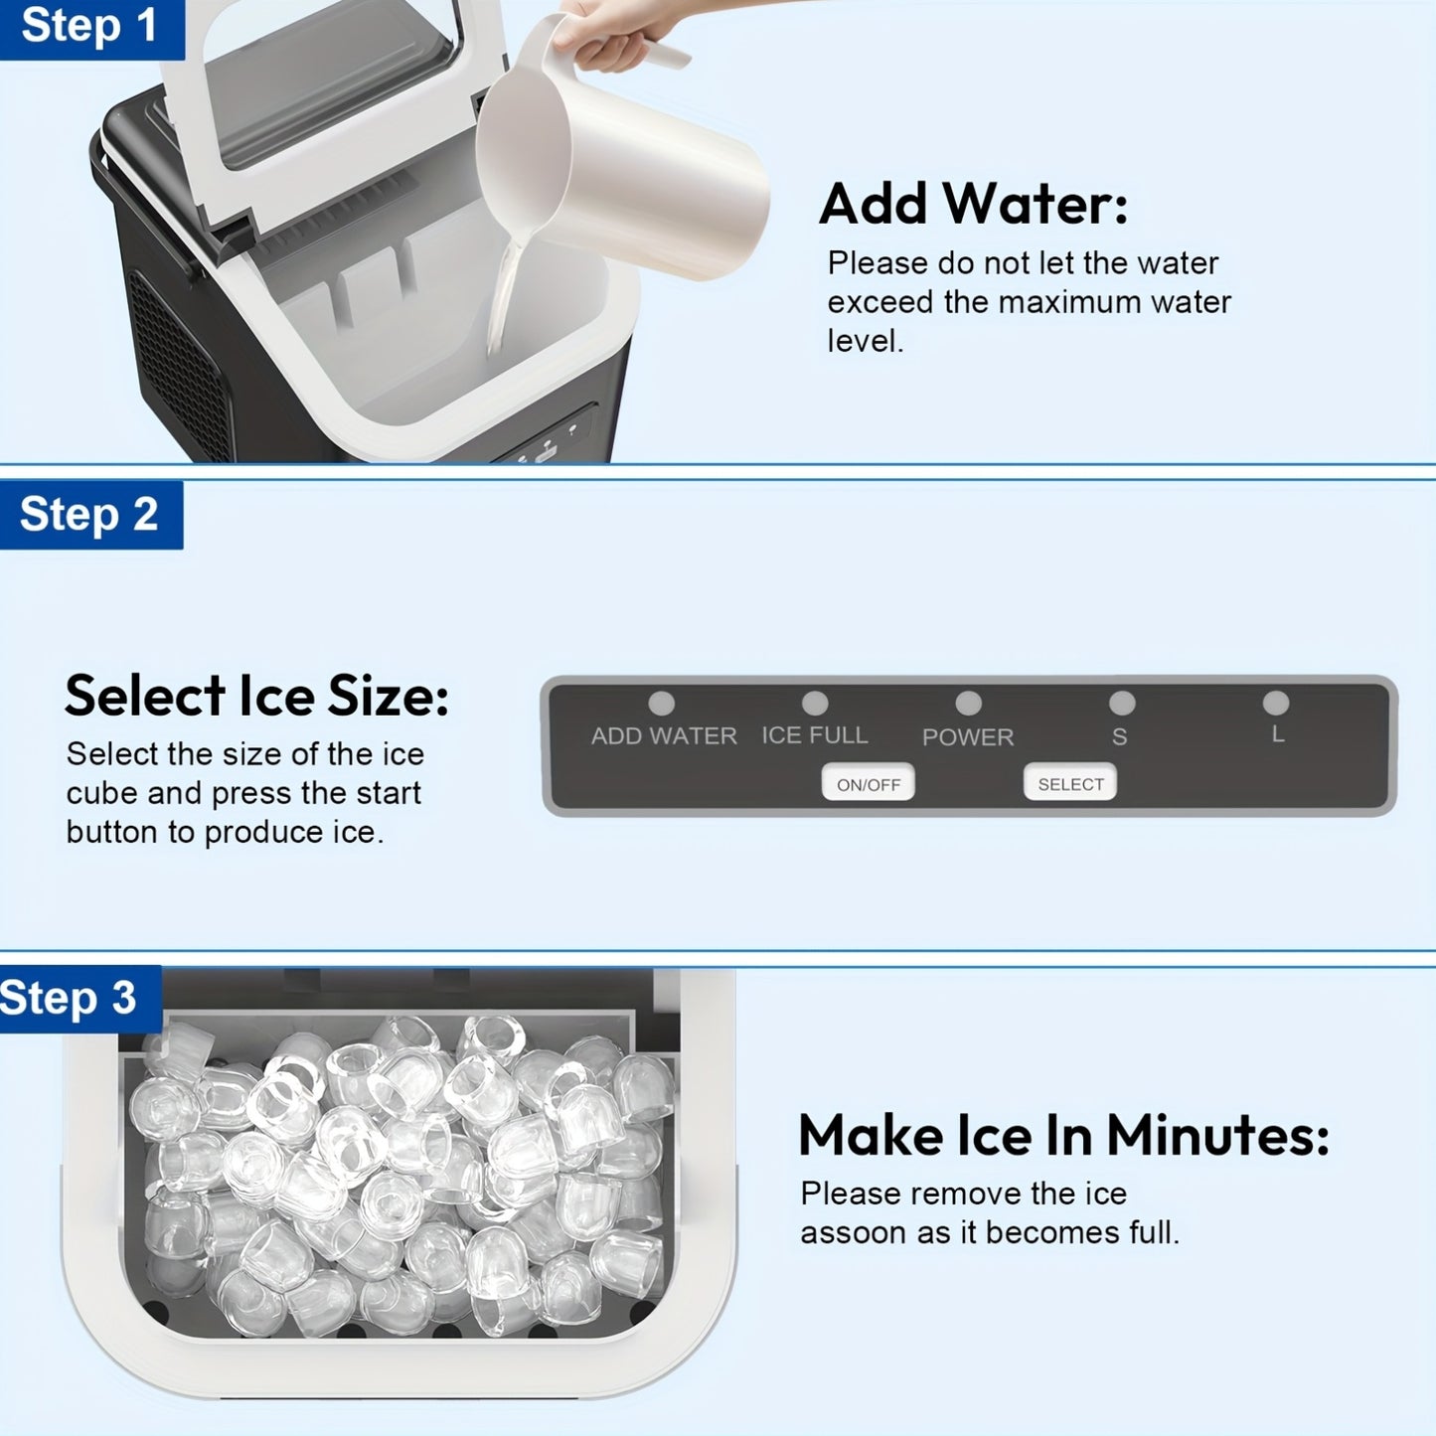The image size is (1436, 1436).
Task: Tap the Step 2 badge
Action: click(x=90, y=514)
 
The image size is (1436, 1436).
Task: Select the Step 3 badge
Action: click(x=80, y=998)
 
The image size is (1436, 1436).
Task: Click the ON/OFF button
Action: click(x=869, y=783)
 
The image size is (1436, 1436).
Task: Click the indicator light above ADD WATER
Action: click(x=661, y=703)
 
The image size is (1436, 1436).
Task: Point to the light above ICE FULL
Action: click(x=815, y=702)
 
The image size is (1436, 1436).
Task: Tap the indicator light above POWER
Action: click(x=968, y=703)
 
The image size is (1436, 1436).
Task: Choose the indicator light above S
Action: click(x=1122, y=702)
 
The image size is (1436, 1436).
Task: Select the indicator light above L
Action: click(x=1276, y=702)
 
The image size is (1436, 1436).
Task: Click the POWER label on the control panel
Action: click(x=968, y=737)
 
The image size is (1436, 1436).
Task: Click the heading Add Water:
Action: click(x=973, y=204)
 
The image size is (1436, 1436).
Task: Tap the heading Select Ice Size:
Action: click(x=257, y=696)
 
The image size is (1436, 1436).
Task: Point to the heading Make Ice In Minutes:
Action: click(x=1064, y=1136)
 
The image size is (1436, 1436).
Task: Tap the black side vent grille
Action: click(x=181, y=365)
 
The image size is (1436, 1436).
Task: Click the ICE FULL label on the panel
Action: click(x=815, y=735)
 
